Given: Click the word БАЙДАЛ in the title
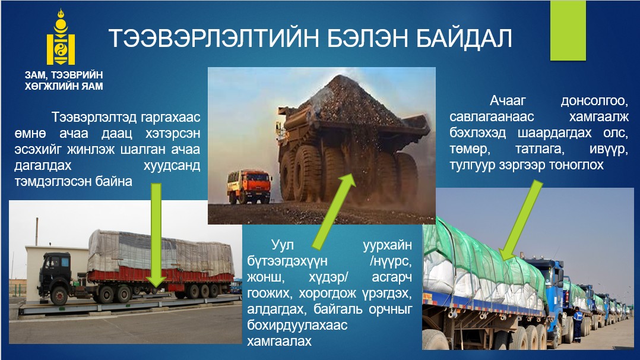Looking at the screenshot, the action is point(464,39).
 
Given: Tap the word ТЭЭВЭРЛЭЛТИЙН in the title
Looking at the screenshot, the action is point(214,39).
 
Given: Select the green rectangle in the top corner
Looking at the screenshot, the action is point(568,30).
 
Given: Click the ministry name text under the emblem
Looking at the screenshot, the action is point(64,81).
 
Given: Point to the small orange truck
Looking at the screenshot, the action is point(249,187).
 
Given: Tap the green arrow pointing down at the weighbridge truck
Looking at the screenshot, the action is point(156,235).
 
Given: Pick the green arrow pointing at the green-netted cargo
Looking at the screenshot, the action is point(521,220).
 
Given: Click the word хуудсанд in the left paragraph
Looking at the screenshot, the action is point(172,166).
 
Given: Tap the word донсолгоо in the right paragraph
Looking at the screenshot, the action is point(594,100).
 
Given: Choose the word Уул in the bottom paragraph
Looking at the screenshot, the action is point(283,245).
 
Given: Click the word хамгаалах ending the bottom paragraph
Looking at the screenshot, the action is point(279,341).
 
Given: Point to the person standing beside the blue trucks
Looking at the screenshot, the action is point(577,326).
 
